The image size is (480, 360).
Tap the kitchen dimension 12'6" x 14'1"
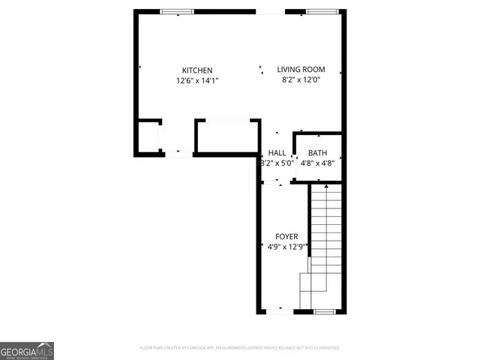click(x=197, y=80)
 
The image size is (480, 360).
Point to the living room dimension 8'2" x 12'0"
click(x=301, y=79)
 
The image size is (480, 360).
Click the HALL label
click(x=277, y=152)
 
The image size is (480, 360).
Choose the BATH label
click(x=318, y=152)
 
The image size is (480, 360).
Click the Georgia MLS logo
click(x=27, y=351)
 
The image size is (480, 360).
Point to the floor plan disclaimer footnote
click(x=240, y=348)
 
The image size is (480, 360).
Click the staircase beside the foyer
click(x=325, y=240)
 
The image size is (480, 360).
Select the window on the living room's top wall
click(x=321, y=11)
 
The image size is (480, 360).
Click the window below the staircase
click(x=324, y=310)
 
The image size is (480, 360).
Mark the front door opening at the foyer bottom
click(x=280, y=310)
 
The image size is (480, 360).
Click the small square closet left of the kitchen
click(x=148, y=137)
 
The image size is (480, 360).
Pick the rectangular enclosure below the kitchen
click(x=226, y=136)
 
